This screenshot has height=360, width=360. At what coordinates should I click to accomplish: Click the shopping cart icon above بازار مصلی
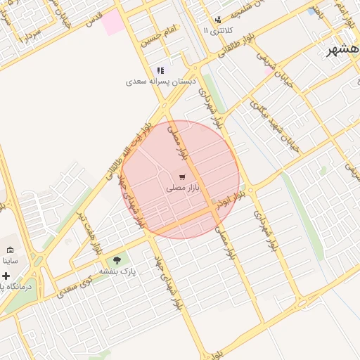[x=182, y=177]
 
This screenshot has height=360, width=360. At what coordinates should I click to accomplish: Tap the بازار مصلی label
[x=183, y=188]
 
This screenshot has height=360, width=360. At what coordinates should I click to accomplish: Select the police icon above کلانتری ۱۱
[x=217, y=20]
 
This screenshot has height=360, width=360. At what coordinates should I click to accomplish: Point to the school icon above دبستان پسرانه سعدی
[x=160, y=70]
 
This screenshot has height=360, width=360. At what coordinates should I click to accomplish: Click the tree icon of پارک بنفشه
[x=117, y=260]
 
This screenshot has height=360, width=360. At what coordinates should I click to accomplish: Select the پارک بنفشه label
[x=117, y=271]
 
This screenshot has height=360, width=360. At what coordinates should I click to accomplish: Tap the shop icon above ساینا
[x=10, y=250]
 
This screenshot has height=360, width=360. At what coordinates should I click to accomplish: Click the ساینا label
[x=10, y=260]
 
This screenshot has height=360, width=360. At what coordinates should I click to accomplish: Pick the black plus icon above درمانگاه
[x=6, y=276]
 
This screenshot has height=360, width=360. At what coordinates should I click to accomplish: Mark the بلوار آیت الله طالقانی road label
[x=130, y=151]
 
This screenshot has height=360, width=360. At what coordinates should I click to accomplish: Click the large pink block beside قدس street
[x=112, y=23]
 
